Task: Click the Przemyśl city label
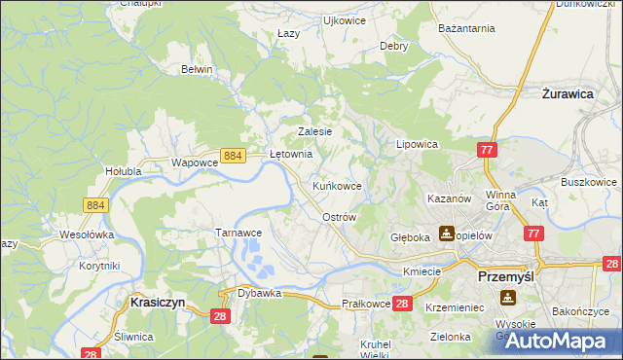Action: coord(507,276)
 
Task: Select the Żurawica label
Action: coord(568,95)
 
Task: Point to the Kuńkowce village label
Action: coord(337,185)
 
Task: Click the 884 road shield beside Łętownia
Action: coord(232,156)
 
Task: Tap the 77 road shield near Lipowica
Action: coord(488,149)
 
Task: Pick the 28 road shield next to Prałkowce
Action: coord(403,305)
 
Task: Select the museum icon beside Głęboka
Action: coord(446,233)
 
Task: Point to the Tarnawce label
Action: coord(238,234)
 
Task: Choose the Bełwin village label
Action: coord(197,69)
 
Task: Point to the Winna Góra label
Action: coord(505,200)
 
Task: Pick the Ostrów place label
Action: coord(339,217)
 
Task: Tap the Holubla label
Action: coord(124,171)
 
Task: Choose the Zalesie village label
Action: coord(314,131)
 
